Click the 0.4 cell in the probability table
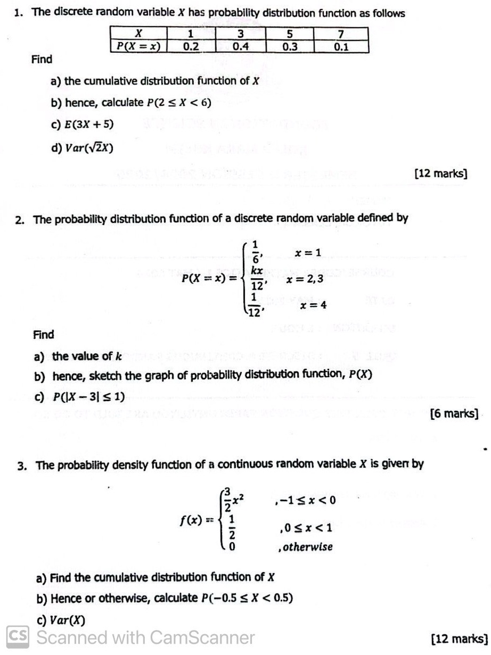click(x=241, y=46)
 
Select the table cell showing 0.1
click(x=341, y=46)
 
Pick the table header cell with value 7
click(x=341, y=35)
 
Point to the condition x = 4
click(x=313, y=305)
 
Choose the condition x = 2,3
click(x=305, y=278)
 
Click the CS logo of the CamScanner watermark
click(x=18, y=637)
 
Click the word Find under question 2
click(x=44, y=335)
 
